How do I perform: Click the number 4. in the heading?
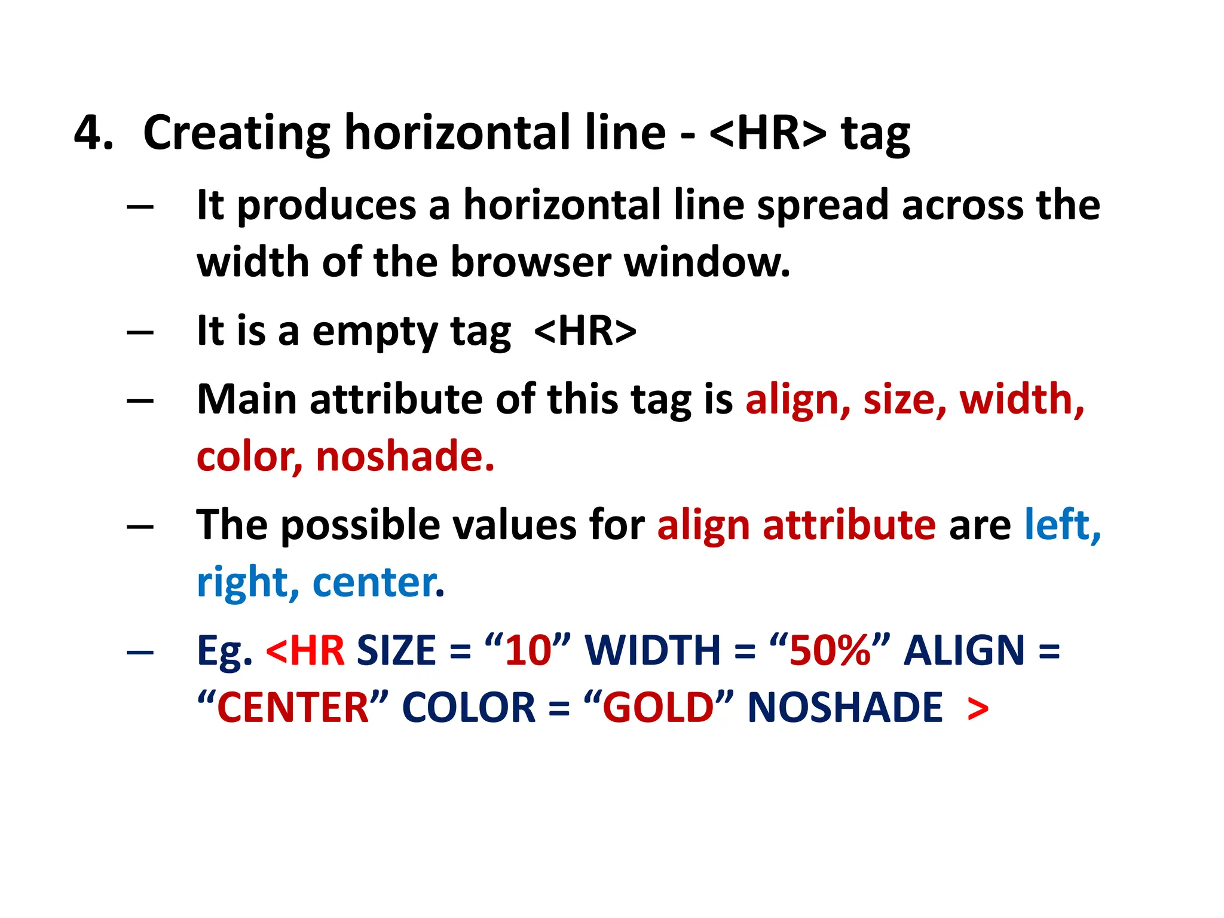point(93,133)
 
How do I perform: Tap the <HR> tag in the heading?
point(767,133)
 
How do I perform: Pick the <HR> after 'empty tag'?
point(585,331)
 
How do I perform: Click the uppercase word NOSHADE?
point(844,708)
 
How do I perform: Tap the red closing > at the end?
point(977,709)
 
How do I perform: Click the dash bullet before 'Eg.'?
point(140,651)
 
